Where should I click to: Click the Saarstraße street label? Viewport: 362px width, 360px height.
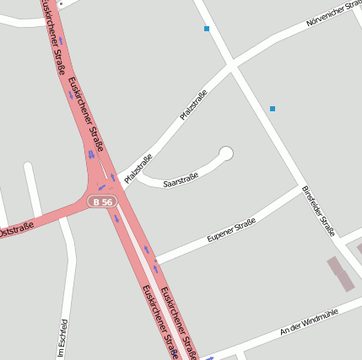point(180,180)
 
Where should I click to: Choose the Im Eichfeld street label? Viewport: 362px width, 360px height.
point(62,339)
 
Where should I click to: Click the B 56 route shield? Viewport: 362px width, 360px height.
point(102,202)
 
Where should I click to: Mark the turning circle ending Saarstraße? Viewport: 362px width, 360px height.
point(225,153)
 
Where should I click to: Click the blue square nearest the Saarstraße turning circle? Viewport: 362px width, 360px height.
point(272,109)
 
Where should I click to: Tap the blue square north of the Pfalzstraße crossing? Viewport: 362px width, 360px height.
point(207,30)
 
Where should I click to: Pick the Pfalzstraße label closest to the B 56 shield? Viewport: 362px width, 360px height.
point(138,169)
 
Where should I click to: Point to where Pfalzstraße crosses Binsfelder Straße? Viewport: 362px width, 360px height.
point(231,64)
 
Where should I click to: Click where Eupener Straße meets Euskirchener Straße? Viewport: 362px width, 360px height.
point(154,261)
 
